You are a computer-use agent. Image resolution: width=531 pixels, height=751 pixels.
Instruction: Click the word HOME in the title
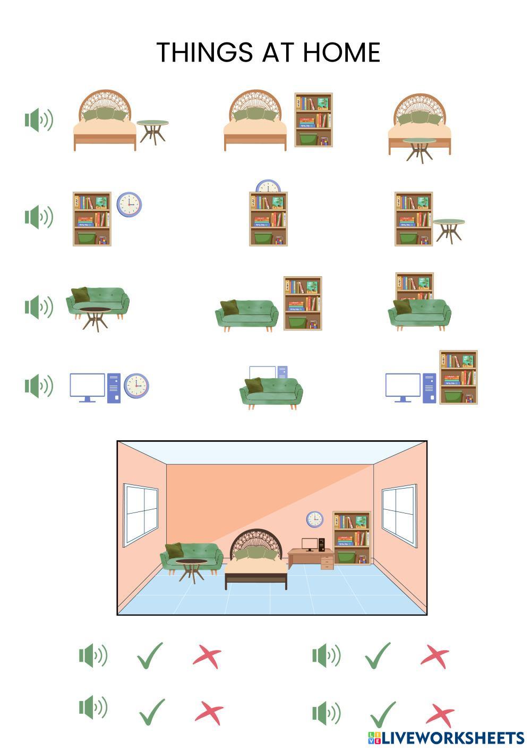[341, 53]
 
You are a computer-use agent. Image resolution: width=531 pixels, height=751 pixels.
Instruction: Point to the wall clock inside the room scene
[314, 519]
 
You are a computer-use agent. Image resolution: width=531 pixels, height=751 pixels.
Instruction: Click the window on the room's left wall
[141, 514]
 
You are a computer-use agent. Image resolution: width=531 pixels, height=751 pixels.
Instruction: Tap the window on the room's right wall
[399, 515]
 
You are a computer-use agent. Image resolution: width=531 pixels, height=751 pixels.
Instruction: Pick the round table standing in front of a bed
[419, 148]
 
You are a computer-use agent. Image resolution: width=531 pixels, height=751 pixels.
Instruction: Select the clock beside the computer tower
[136, 385]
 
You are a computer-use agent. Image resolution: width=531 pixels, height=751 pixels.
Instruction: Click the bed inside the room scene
[256, 563]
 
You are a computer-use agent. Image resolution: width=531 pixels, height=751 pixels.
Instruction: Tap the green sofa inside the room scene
[191, 558]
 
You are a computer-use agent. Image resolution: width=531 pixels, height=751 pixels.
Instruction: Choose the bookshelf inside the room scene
[351, 537]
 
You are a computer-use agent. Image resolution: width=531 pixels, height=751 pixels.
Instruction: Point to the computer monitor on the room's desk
[310, 544]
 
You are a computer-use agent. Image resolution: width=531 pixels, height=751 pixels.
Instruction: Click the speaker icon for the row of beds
[39, 120]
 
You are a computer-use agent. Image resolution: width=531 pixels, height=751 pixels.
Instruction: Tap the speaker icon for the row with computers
[39, 386]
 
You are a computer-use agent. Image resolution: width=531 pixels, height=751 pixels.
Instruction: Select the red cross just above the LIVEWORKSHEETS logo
[440, 715]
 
